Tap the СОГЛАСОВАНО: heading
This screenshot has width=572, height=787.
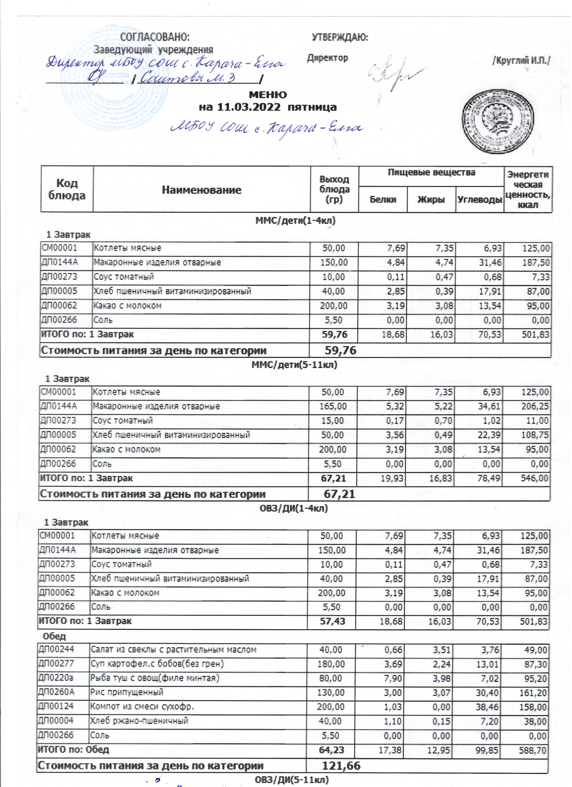(155, 37)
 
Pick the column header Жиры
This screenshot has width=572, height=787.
(431, 199)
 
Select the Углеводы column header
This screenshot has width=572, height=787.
(480, 199)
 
